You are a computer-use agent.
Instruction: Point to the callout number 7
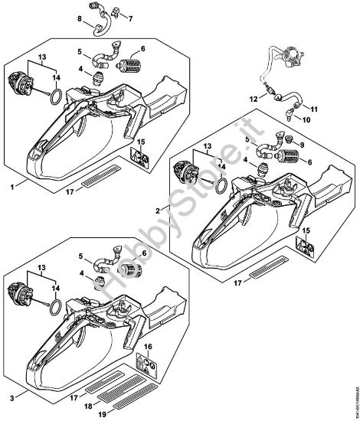(x=129, y=18)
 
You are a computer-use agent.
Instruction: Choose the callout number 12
(x=254, y=99)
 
